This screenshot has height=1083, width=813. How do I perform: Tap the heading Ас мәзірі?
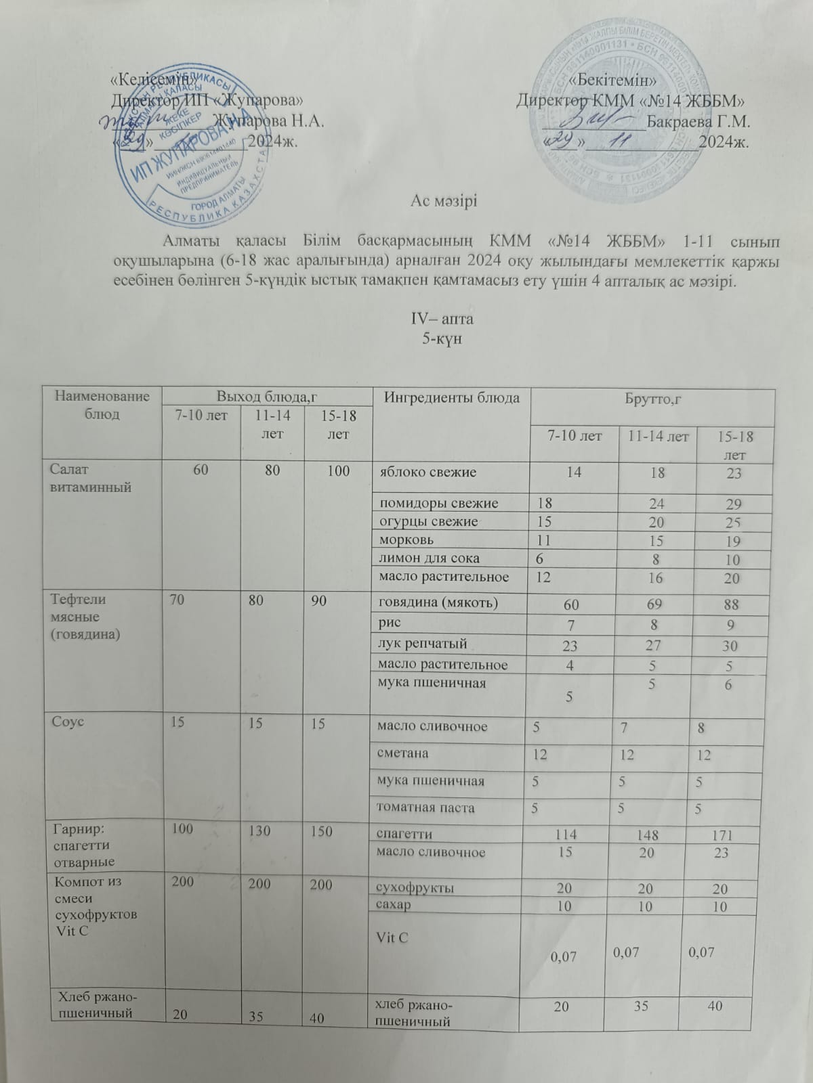click(444, 201)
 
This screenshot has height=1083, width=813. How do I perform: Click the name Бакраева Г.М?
click(698, 123)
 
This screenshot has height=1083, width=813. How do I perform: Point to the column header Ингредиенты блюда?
click(453, 397)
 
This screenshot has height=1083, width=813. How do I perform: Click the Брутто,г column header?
click(651, 401)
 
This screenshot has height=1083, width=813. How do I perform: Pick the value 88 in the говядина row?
click(730, 605)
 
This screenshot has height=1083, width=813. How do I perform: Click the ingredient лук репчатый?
click(423, 643)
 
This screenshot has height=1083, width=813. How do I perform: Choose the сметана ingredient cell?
click(404, 753)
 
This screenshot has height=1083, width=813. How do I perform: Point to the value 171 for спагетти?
click(730, 835)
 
